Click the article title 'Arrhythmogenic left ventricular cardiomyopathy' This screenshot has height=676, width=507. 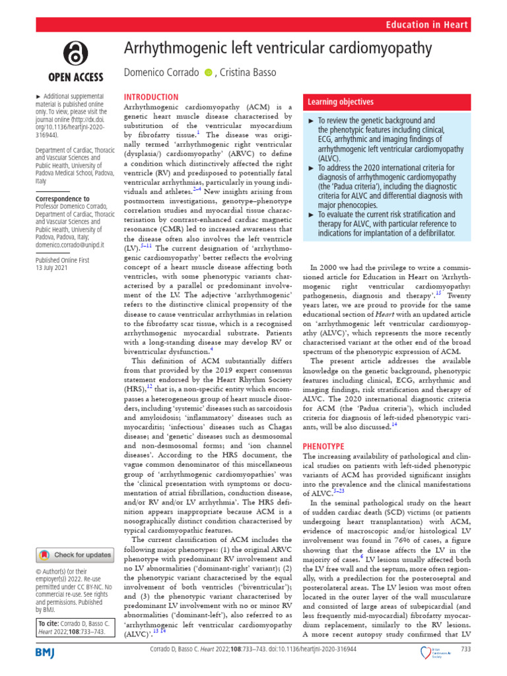pyautogui.click(x=277, y=49)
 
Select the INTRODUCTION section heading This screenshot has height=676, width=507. pyautogui.click(x=151, y=97)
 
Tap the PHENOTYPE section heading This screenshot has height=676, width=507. pyautogui.click(x=326, y=447)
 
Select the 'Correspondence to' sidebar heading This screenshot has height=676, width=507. pyautogui.click(x=63, y=199)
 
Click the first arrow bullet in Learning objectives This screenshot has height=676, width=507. pyautogui.click(x=313, y=121)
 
